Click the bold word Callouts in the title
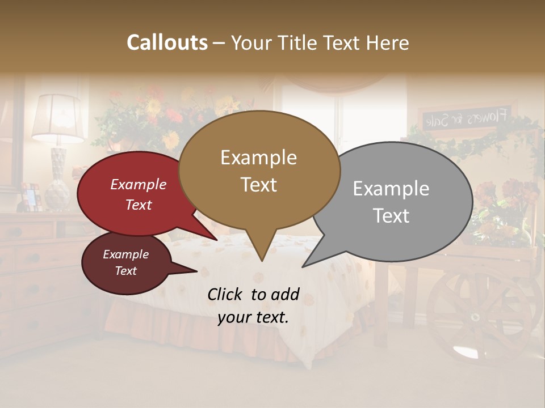167,42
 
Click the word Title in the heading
299,42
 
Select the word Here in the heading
386,42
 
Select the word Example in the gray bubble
391,189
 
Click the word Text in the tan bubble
259,185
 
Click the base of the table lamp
57,181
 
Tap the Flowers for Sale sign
468,118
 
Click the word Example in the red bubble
139,185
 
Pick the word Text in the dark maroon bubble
126,271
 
